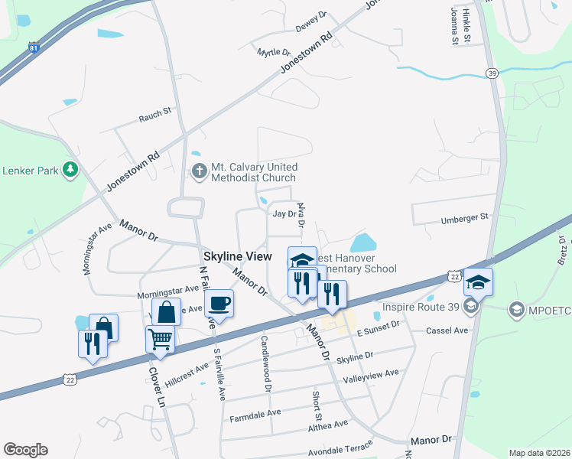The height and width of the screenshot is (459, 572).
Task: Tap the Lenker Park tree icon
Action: coord(71,169)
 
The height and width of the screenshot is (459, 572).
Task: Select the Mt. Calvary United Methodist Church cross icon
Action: coord(199,171)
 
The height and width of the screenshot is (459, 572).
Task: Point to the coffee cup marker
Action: coord(219,304)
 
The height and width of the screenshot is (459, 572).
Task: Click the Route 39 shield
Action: coord(491,72)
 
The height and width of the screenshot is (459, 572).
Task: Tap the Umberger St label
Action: coord(464,218)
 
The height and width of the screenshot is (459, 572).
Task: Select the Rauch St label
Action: coord(154,115)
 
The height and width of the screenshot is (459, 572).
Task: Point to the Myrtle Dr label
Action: coord(274,53)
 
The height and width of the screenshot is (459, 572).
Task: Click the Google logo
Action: coord(25,450)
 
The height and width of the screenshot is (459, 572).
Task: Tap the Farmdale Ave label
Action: coord(255,415)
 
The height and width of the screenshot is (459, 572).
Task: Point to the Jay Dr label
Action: coord(284,214)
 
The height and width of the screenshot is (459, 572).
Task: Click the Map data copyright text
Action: coord(538,452)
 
